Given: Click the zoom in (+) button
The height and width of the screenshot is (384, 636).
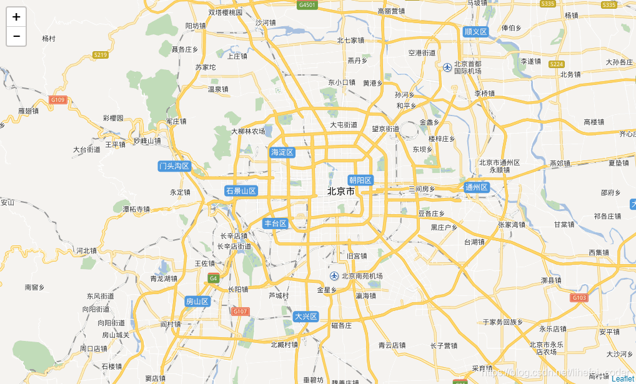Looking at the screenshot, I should coord(16,17).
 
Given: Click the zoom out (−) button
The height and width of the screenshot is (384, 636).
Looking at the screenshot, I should coord(16,36).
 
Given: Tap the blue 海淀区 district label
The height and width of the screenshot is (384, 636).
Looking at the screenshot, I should coord(282,152).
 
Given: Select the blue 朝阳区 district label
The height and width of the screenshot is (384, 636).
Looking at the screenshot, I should coord(360,180).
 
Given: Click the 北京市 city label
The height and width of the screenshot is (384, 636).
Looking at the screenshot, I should coord(340,192).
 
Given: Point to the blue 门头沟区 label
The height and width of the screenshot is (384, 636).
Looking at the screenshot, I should coord(174,166).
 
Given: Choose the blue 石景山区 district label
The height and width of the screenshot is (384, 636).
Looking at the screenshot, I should coord(241,190).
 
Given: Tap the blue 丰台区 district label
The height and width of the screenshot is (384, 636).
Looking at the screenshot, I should coord(275,224).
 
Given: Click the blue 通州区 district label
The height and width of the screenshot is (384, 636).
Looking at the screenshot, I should coord(476,187).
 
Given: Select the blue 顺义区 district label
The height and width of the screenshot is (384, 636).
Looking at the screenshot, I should coord(475,31).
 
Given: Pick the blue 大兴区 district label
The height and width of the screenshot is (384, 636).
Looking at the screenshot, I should coord(306,317).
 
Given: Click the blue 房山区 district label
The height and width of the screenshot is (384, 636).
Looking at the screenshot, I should coord(197,302).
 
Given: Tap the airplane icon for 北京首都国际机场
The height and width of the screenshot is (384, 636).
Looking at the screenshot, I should coord(447,67).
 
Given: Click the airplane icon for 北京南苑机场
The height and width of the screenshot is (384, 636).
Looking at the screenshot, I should coord(334,276).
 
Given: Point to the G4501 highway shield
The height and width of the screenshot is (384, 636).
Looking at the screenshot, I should coord(307,5).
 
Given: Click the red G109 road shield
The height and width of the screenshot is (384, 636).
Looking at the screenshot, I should coord(58,100).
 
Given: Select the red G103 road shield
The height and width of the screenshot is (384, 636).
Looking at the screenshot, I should coord(579,298).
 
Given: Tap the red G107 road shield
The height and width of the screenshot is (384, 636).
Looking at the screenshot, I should coord(240,311).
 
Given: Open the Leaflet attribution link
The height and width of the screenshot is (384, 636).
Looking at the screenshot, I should coord(622,379).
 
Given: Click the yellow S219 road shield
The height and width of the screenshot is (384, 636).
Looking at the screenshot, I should coord(100,55).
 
